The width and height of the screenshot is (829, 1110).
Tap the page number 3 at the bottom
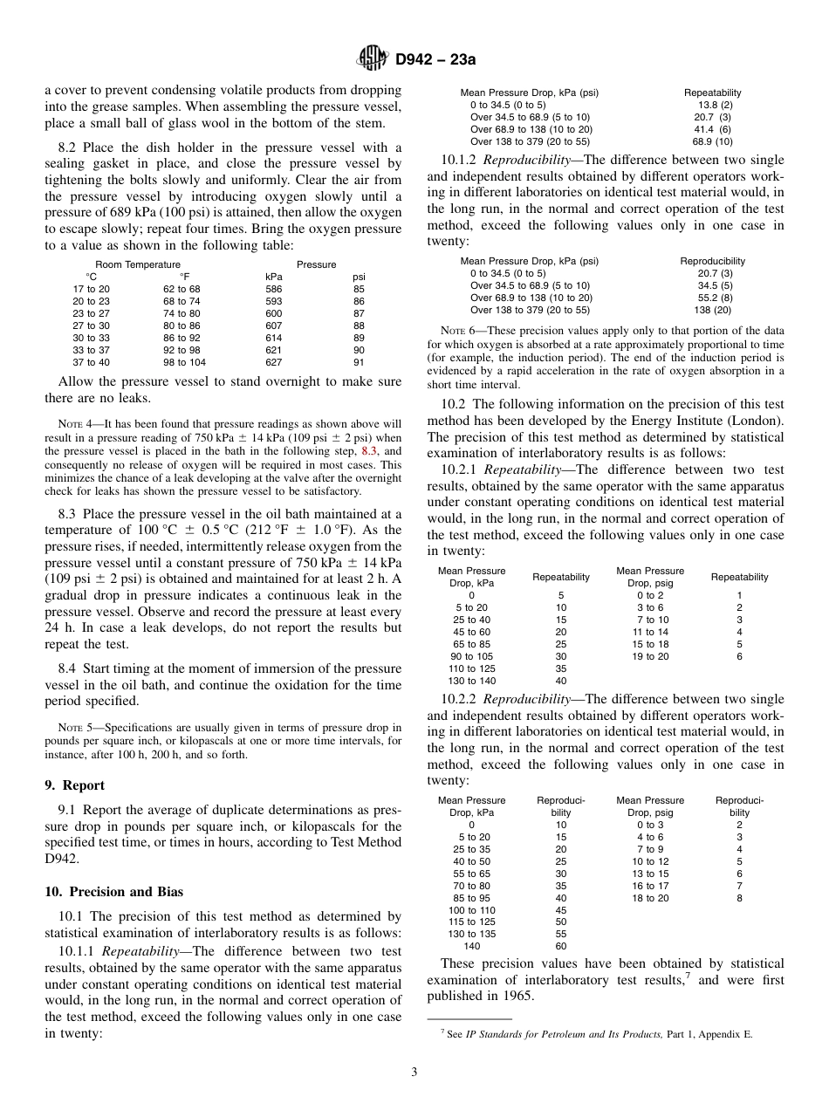point(414,1072)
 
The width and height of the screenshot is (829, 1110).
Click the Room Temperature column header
point(138,264)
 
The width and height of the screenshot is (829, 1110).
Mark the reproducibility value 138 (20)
point(713,310)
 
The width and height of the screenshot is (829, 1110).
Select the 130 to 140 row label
point(471,681)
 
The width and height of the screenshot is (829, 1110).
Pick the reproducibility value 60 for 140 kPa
point(561,945)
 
